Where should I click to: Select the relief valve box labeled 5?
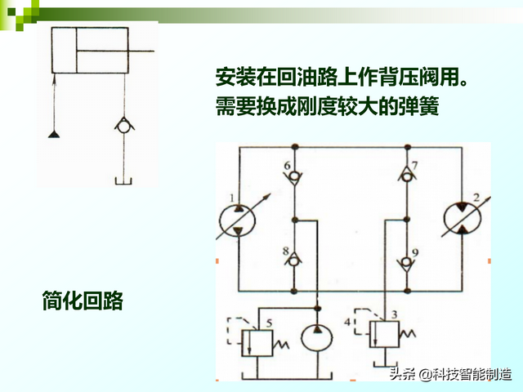tap(258, 337)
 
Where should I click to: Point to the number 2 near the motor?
tap(476, 197)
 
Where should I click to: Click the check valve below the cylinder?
tap(123, 126)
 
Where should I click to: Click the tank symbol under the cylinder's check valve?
tap(123, 180)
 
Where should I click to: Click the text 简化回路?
tap(83, 300)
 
